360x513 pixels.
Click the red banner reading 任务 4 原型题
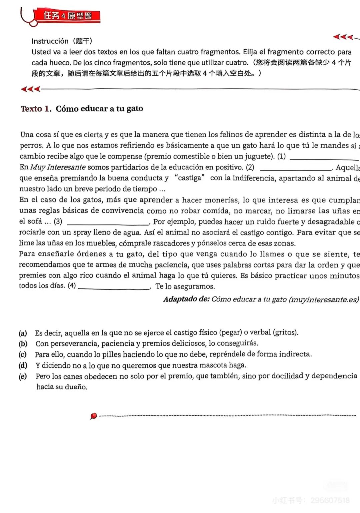[x=68, y=16]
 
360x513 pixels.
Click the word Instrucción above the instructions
[x=50, y=41]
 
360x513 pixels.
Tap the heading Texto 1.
[x=36, y=109]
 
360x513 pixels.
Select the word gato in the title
[x=135, y=109]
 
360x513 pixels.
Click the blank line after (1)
[x=324, y=159]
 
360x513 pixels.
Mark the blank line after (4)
[x=114, y=288]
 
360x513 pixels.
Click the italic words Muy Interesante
[x=58, y=167]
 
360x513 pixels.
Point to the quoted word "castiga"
[x=190, y=178]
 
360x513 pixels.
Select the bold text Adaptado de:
[x=186, y=299]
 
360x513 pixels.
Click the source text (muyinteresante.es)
[x=324, y=299]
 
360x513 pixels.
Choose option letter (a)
[x=23, y=333]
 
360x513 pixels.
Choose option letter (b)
[x=23, y=344]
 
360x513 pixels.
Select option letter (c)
[x=23, y=354]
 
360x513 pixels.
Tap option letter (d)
[x=23, y=365]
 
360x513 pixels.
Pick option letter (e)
[x=23, y=376]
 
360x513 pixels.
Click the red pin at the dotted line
[x=94, y=416]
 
